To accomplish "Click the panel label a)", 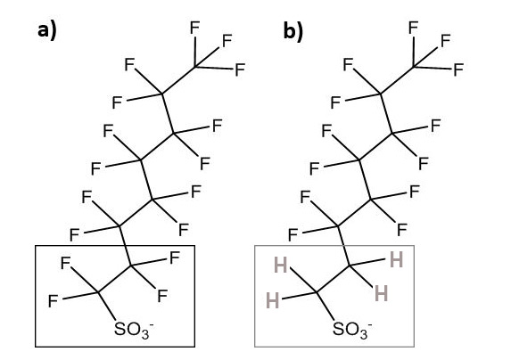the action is point(47,31).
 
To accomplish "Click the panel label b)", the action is point(293,31).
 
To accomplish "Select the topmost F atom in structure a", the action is point(195,28).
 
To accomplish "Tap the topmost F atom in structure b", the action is point(414,28).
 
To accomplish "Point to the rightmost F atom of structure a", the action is point(240,70).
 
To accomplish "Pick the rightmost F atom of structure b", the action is point(459,70).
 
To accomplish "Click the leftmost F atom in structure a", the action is point(54,301).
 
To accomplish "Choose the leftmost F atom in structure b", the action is point(293,234).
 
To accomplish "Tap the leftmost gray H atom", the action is point(273,300).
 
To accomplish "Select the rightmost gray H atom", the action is point(396,260).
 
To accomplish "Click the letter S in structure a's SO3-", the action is point(120,329).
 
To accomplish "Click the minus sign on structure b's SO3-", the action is point(369,324).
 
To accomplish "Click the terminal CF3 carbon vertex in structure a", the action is point(195,67).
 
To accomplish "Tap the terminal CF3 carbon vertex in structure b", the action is point(414,67).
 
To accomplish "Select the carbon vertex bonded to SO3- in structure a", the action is point(98,293).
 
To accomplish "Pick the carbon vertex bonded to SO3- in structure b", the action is point(317,293).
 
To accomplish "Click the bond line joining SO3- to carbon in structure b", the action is point(326,307).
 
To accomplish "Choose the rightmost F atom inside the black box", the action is point(175,258).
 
